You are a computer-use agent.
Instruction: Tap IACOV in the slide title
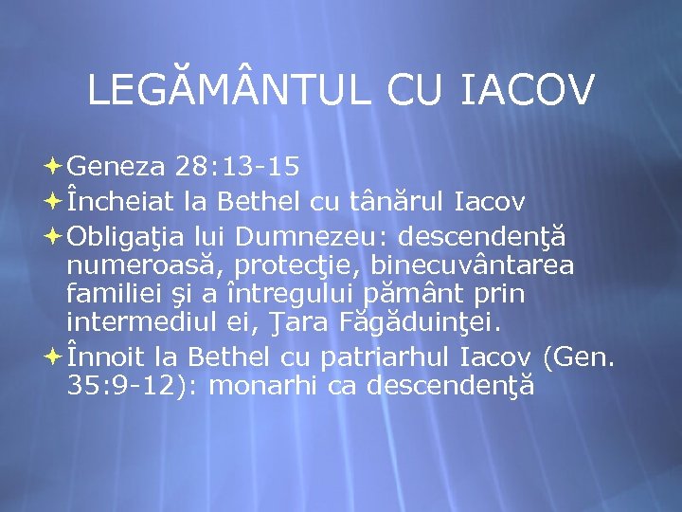pos(527,90)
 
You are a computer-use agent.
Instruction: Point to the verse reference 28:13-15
pos(238,168)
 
